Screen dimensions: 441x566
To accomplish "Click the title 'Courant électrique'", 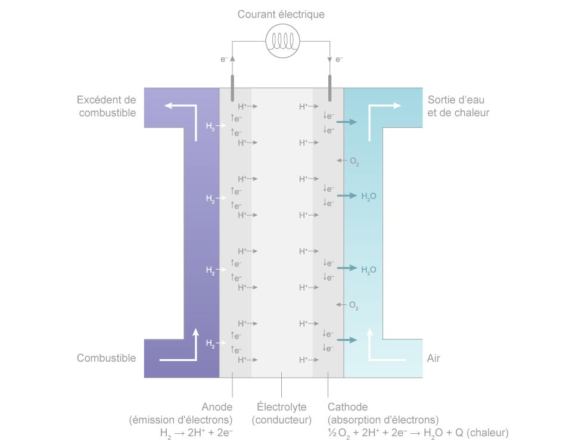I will pos(281,14).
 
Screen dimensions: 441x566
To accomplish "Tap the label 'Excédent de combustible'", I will pos(107,106).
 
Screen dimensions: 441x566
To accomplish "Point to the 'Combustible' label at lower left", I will pos(106,358).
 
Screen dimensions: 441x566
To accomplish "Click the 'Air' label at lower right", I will pos(434,358).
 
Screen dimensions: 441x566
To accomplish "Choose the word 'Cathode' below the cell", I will pos(347,407).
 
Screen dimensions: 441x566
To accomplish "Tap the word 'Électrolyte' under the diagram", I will pos(281,407).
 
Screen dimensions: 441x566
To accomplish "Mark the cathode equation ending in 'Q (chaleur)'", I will pos(418,432).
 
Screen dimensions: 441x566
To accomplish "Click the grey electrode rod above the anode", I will pos(232,88).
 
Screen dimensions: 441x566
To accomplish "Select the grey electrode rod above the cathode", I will pos(329,88).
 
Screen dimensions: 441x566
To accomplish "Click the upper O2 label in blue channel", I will pos(354,161).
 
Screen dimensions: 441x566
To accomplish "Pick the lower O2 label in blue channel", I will pos(353,306).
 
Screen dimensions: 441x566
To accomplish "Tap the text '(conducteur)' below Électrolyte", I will pos(281,420).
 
